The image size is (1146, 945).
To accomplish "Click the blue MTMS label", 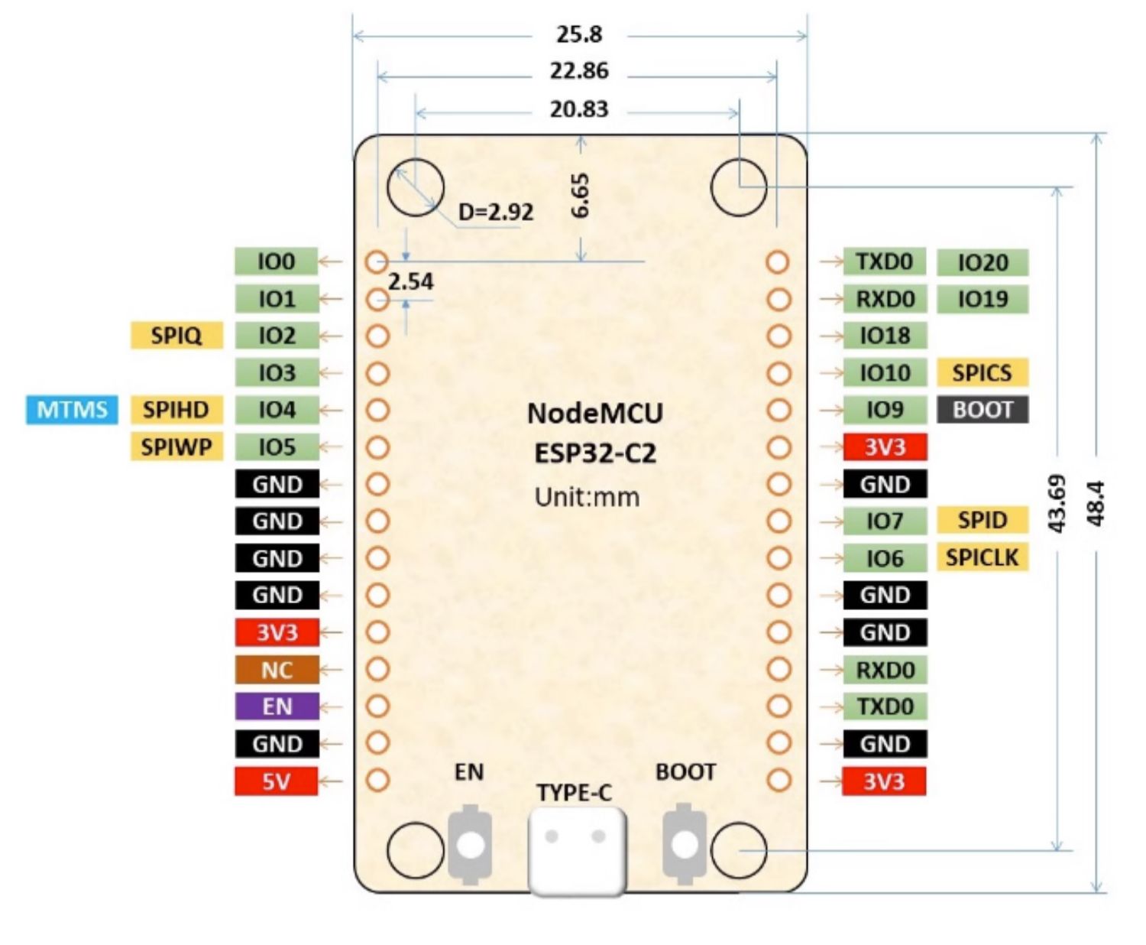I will click(73, 410).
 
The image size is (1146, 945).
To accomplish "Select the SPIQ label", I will click(176, 335).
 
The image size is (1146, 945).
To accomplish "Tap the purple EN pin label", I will click(277, 706).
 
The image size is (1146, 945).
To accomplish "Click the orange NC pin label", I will click(277, 670).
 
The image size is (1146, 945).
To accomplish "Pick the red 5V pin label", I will click(277, 781).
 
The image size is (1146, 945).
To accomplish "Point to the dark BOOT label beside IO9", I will click(983, 410).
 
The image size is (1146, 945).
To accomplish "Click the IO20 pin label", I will click(983, 262).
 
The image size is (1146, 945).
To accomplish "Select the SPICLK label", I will click(983, 557).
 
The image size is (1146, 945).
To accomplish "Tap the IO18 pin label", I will click(885, 336).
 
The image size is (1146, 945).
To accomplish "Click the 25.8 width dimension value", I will click(579, 34).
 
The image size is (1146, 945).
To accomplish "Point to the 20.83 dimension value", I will click(579, 109).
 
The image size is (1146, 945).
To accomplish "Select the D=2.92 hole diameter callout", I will click(496, 212).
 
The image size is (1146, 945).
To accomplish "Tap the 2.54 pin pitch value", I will click(410, 281).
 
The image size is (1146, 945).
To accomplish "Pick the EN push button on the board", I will click(470, 845).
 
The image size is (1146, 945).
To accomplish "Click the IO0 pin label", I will click(277, 261).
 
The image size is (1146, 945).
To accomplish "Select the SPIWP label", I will click(176, 447).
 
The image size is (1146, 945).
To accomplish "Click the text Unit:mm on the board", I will click(587, 497).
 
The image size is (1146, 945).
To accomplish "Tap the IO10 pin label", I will click(885, 372).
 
